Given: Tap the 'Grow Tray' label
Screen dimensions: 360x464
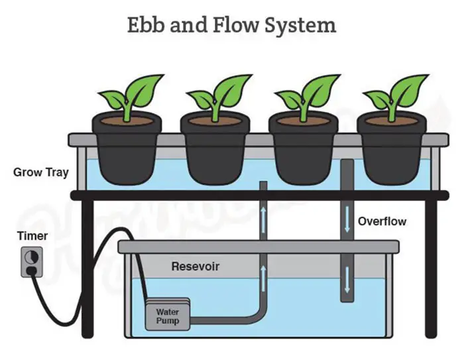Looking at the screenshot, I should pyautogui.click(x=40, y=173).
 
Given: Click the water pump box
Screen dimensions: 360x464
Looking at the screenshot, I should pyautogui.click(x=167, y=315).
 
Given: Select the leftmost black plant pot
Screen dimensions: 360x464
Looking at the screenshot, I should pyautogui.click(x=126, y=152).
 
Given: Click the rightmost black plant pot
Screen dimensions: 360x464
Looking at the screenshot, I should pyautogui.click(x=391, y=152).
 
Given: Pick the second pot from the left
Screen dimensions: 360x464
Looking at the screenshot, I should pyautogui.click(x=214, y=152).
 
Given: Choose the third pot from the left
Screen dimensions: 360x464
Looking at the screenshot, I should pyautogui.click(x=302, y=152).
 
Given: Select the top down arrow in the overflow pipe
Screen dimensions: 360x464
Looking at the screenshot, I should pyautogui.click(x=346, y=218).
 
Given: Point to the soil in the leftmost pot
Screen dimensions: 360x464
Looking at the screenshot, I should pyautogui.click(x=126, y=121).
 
